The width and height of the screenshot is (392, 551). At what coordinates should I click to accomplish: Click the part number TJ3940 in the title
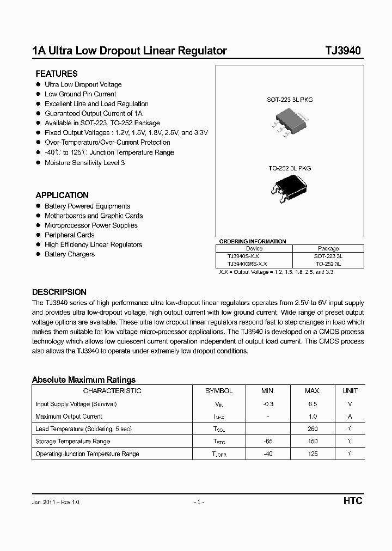click(343, 51)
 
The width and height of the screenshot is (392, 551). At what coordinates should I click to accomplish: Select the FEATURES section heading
click(57, 74)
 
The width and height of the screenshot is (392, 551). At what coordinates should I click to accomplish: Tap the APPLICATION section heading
click(62, 195)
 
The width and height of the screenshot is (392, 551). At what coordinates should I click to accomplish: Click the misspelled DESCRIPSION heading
click(59, 292)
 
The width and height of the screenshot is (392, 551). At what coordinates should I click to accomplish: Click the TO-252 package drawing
click(289, 188)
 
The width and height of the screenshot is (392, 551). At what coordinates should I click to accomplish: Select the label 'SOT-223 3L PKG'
click(290, 100)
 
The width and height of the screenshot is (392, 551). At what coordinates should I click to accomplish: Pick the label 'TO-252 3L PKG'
click(290, 168)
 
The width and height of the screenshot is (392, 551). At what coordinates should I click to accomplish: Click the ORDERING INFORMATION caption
click(252, 241)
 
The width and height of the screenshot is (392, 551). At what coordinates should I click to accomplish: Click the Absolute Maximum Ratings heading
click(84, 380)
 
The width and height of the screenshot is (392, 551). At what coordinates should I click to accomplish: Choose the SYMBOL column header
click(219, 391)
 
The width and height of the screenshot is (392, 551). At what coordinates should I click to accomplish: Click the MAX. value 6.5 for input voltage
click(313, 404)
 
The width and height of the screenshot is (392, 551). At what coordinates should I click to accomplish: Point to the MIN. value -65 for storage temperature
click(268, 441)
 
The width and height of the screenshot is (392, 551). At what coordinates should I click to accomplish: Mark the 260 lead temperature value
click(313, 429)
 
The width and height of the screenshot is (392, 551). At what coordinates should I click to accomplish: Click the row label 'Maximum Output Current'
click(69, 417)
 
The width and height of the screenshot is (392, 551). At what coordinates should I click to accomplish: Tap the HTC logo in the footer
click(353, 501)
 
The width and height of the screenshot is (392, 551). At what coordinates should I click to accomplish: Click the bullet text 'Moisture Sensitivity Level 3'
click(84, 163)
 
